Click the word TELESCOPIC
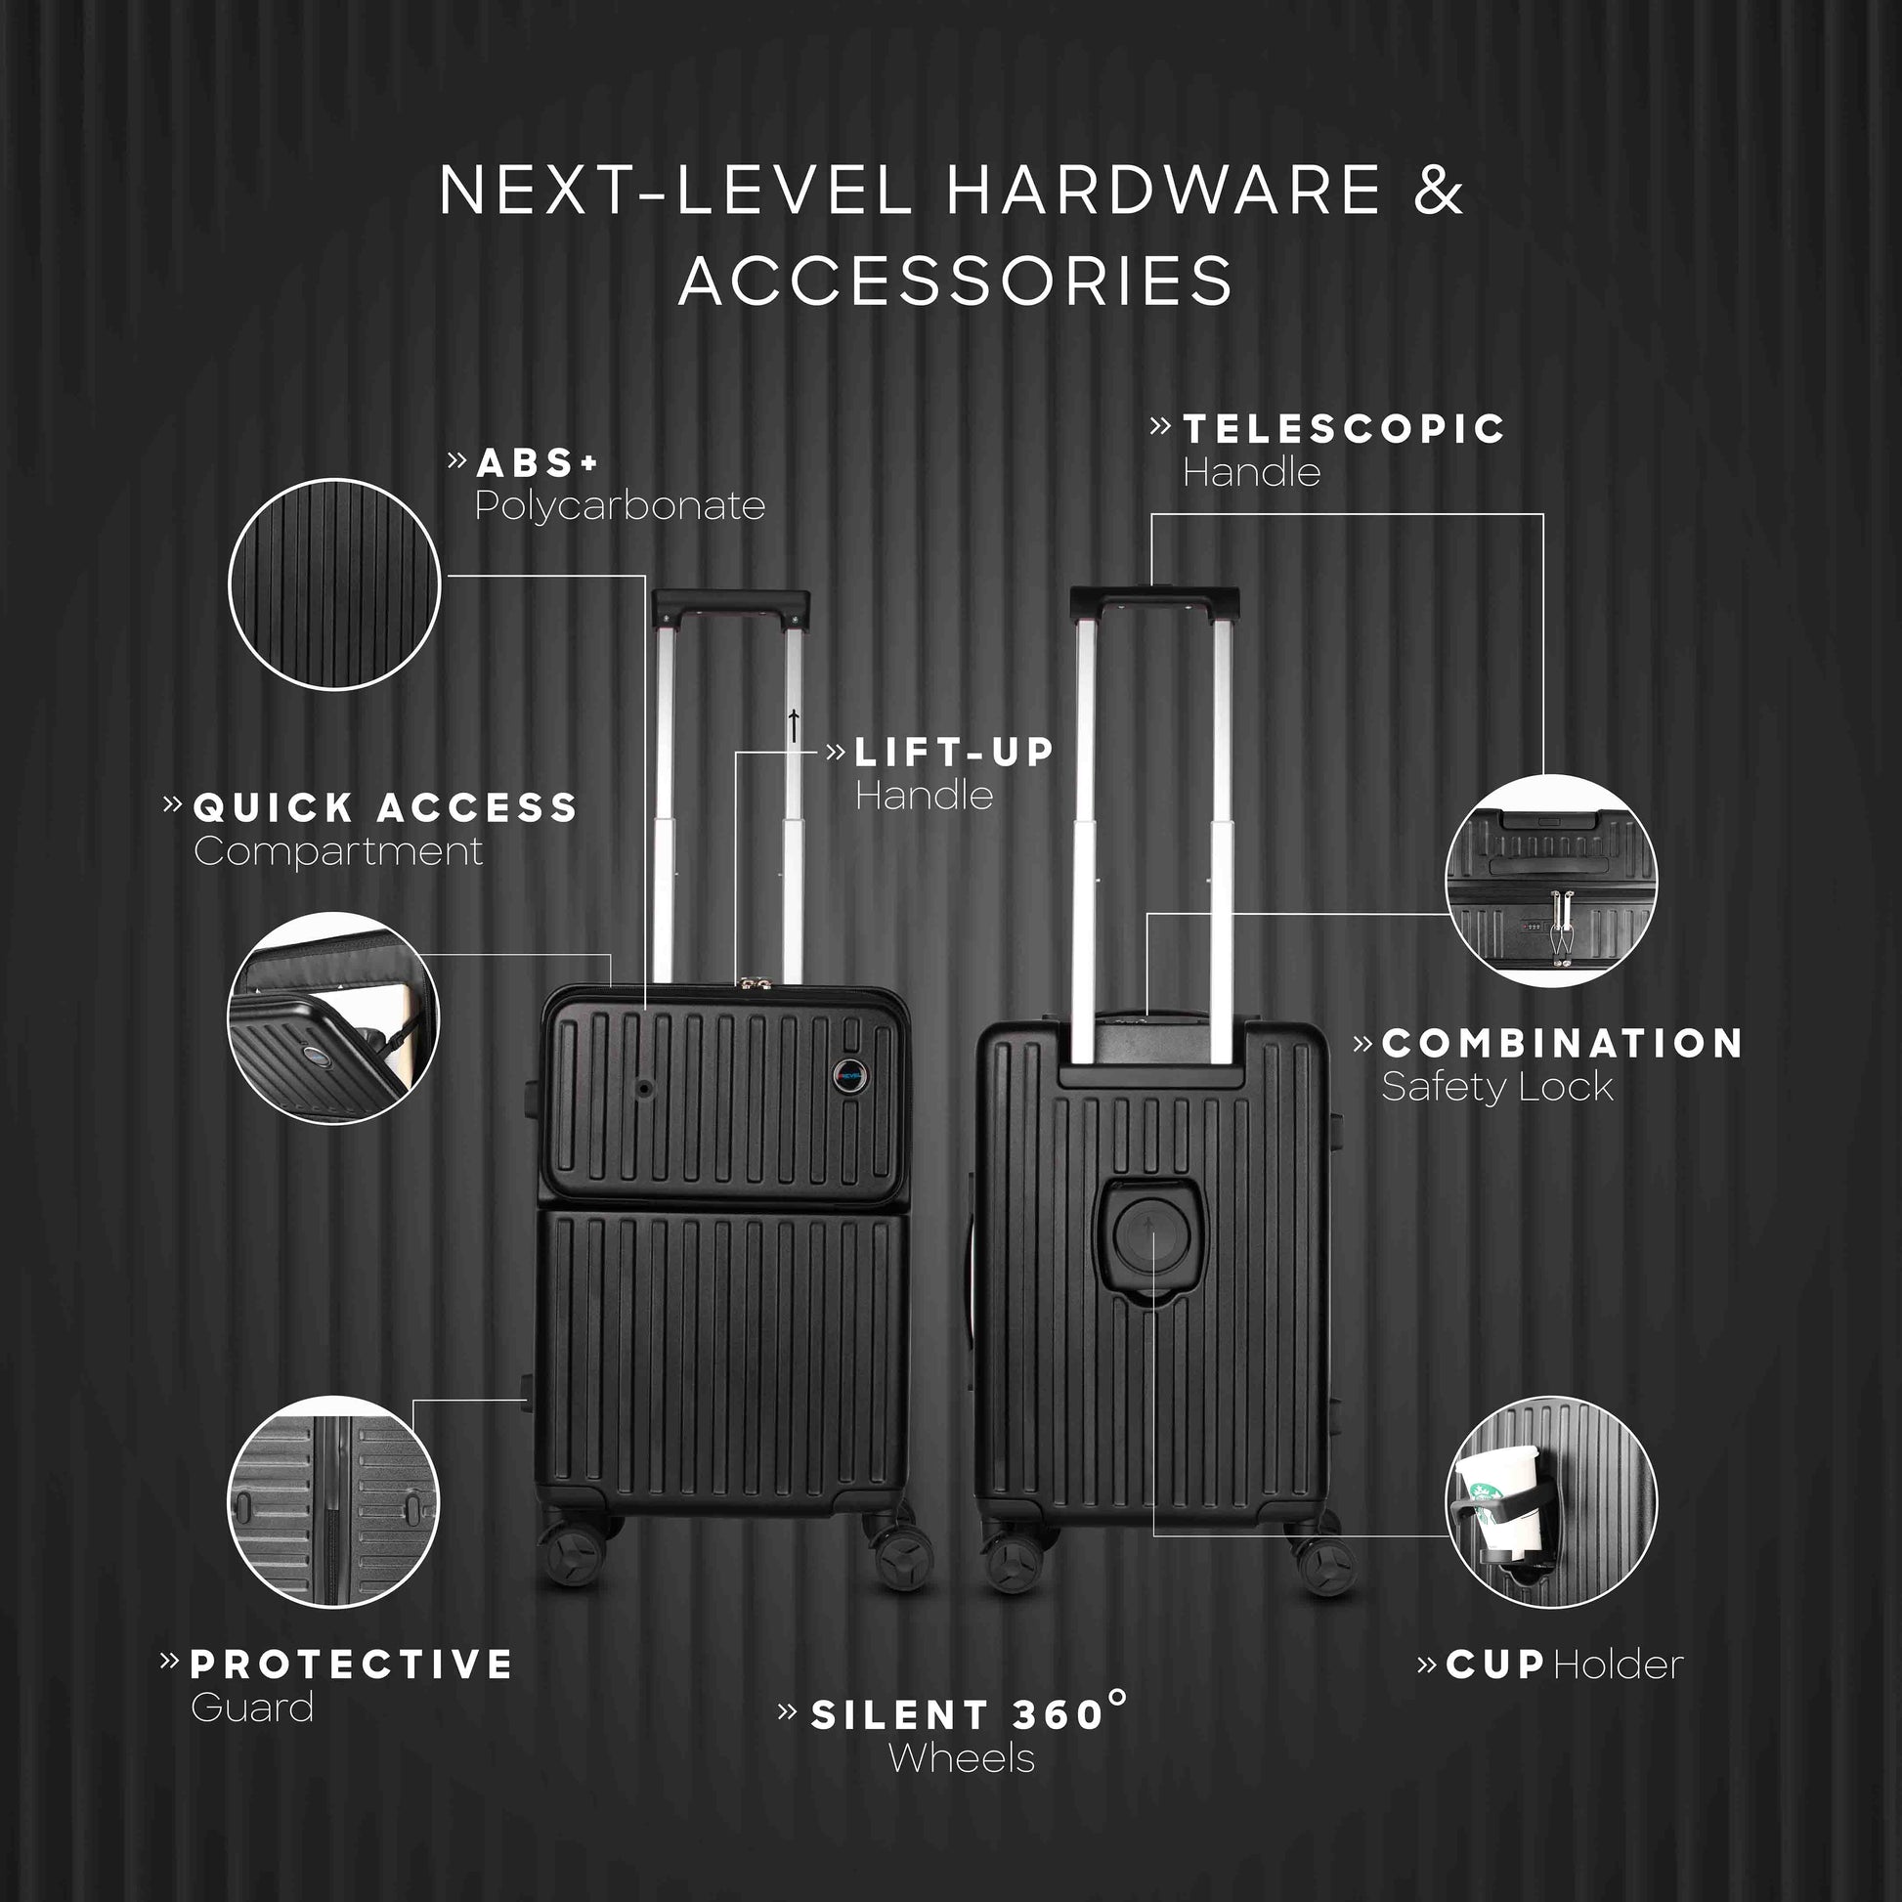(x=1344, y=428)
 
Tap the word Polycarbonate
(x=621, y=506)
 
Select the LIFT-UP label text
(x=954, y=753)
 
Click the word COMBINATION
(x=1562, y=1044)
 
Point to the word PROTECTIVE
(x=352, y=1664)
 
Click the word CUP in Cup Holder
(x=1495, y=1664)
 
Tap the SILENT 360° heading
(x=970, y=1714)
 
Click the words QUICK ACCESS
(x=385, y=808)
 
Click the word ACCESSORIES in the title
(x=955, y=281)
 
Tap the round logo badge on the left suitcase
(x=848, y=1074)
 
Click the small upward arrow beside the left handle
(x=794, y=725)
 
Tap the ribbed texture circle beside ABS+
(x=334, y=584)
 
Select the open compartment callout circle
(x=333, y=1017)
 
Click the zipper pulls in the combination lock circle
(x=1558, y=924)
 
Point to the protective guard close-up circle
(x=333, y=1502)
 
